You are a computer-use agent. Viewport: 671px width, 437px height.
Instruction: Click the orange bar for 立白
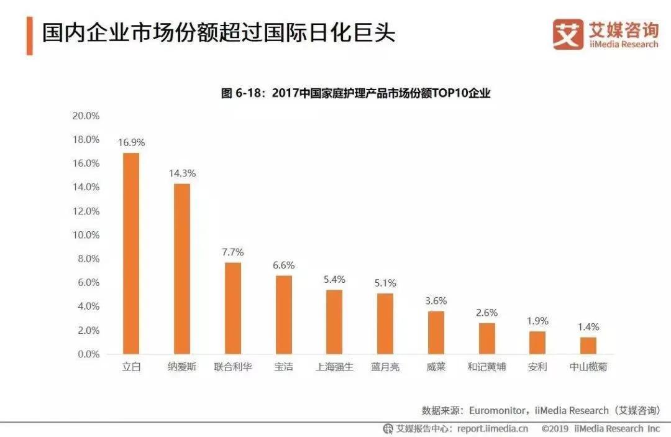131,254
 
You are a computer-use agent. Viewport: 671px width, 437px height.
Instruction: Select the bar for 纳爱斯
182,269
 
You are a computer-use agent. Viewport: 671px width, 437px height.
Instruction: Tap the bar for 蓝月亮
385,323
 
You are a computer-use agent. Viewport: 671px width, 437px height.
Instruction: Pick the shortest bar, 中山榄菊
588,346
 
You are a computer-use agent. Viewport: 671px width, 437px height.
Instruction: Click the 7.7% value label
232,252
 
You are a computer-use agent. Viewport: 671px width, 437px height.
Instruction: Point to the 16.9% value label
131,142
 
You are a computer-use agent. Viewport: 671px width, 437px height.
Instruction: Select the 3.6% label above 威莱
436,300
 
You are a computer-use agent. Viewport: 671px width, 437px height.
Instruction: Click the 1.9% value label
537,321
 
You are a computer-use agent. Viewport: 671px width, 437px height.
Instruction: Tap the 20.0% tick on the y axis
86,116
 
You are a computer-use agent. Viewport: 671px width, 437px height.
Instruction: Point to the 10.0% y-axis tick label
86,235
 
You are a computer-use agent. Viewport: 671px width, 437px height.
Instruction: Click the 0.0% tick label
88,354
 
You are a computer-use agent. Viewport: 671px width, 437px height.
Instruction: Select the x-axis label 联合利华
232,367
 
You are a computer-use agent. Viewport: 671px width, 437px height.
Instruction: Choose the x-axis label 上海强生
334,367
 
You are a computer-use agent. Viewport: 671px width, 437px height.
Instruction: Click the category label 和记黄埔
486,367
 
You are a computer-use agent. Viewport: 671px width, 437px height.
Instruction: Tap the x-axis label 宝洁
283,367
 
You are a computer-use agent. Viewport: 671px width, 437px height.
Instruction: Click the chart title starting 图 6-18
356,94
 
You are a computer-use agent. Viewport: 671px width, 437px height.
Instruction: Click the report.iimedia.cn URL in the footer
493,428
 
